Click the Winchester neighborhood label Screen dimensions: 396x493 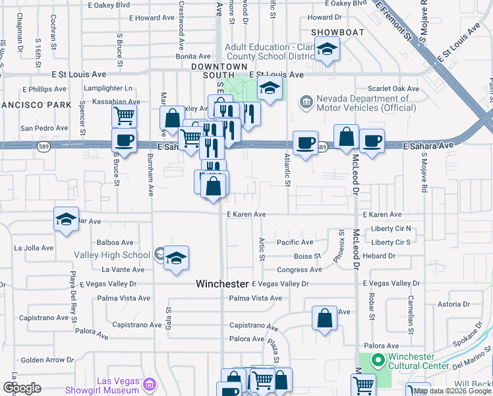[223, 284]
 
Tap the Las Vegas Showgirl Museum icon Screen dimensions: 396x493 [150, 384]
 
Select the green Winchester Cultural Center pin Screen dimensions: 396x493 [378, 360]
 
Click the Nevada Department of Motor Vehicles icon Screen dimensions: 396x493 [306, 102]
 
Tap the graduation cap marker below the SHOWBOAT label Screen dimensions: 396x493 [326, 50]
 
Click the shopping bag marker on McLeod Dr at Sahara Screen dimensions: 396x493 [346, 137]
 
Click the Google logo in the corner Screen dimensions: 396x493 [22, 388]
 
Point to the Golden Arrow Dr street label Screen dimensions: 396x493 [47, 360]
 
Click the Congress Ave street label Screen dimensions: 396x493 [299, 270]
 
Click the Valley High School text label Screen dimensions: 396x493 [122, 255]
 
